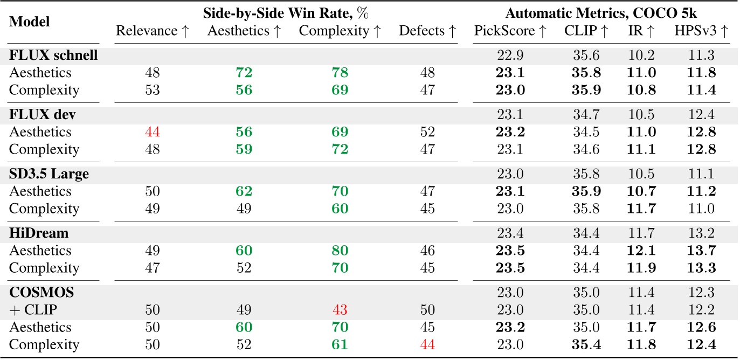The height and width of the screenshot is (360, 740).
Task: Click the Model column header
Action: click(30, 22)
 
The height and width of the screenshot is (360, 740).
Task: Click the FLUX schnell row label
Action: click(53, 56)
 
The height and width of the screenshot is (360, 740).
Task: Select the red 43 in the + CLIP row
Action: click(340, 310)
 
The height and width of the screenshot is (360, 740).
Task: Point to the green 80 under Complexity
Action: click(340, 251)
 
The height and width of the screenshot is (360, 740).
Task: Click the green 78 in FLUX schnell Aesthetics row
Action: click(340, 73)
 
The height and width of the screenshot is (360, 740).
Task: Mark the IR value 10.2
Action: click(641, 56)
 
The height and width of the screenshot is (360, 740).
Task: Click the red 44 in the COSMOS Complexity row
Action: click(428, 344)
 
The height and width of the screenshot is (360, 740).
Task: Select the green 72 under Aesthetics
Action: click(245, 73)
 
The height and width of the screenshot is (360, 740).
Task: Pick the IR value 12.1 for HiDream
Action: click(641, 251)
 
